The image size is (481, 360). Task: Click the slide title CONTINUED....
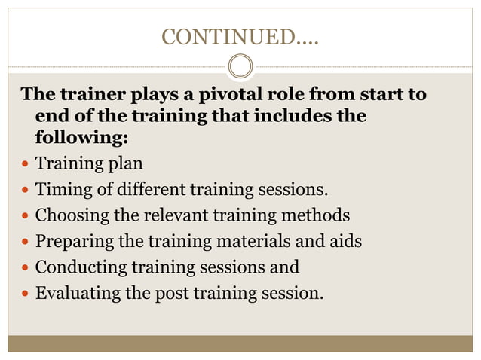tap(240, 36)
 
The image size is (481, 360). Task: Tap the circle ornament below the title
tap(240, 66)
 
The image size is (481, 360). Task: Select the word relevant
tap(176, 215)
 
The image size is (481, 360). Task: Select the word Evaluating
tap(78, 292)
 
